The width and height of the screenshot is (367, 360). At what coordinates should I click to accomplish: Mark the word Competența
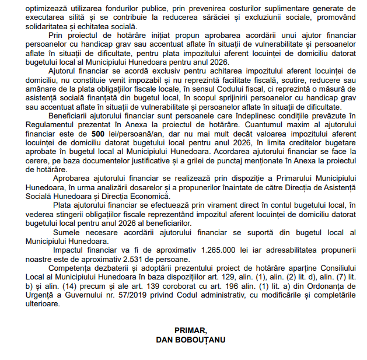(x=76, y=268)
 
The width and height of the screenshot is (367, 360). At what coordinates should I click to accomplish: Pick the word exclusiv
(x=139, y=71)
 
